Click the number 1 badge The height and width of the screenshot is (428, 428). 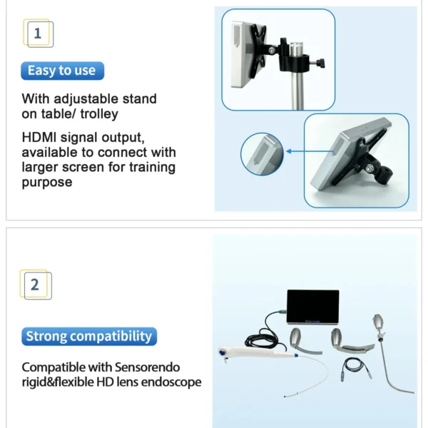[x=39, y=34]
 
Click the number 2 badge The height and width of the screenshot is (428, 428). [x=36, y=285]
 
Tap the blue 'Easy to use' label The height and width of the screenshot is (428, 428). [x=62, y=71]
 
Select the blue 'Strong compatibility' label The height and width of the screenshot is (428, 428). [x=89, y=336]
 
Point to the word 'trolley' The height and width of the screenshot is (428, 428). [x=99, y=114]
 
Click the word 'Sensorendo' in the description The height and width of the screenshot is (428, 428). [x=147, y=367]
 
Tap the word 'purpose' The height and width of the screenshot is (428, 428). [x=47, y=183]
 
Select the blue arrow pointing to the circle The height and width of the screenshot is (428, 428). [x=310, y=151]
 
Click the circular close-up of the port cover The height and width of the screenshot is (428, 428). [x=262, y=154]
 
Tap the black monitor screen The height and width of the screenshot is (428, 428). [x=313, y=307]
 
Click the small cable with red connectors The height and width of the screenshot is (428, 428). [x=356, y=367]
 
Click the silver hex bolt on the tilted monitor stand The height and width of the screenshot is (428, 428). [x=369, y=169]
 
